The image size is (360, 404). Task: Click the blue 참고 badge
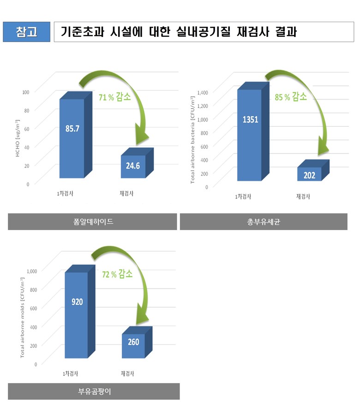(26, 32)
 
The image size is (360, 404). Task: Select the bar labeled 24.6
(133, 166)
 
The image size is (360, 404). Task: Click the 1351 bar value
(250, 120)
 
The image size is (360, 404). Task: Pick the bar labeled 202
(309, 175)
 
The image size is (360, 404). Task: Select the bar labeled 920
(77, 302)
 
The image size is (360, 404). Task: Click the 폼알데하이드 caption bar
(92, 222)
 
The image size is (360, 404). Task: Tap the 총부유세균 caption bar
(264, 222)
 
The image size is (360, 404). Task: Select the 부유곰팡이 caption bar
(94, 392)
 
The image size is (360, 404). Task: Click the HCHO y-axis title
(18, 137)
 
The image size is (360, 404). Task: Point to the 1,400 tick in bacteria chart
(203, 92)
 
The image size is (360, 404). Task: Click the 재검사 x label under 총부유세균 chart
(303, 196)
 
